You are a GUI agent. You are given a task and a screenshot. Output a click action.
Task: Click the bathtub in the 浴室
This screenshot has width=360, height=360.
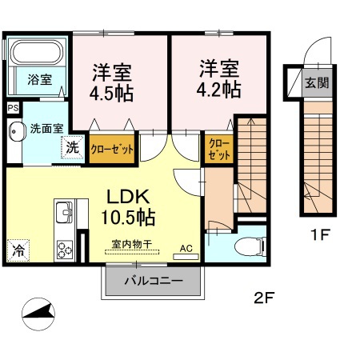pyautogui.click(x=38, y=54)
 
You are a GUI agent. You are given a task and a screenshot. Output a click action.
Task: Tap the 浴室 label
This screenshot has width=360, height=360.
pyautogui.click(x=40, y=80)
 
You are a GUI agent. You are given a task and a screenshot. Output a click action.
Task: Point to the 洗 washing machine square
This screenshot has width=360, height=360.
pyautogui.click(x=73, y=147)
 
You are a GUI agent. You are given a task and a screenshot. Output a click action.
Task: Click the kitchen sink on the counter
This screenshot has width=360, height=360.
pyautogui.click(x=64, y=214)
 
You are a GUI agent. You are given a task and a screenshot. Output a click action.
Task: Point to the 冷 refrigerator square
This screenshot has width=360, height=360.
pyautogui.click(x=18, y=250)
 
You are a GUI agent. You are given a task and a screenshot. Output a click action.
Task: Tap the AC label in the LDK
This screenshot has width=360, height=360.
pyautogui.click(x=186, y=249)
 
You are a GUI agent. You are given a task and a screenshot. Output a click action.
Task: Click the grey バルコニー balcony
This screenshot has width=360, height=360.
pyautogui.click(x=153, y=281)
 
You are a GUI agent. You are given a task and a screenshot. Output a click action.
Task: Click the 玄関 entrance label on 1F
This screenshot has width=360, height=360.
pyautogui.click(x=318, y=82)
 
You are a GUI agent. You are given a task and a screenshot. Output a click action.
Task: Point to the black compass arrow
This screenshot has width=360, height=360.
pyautogui.click(x=40, y=315)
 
